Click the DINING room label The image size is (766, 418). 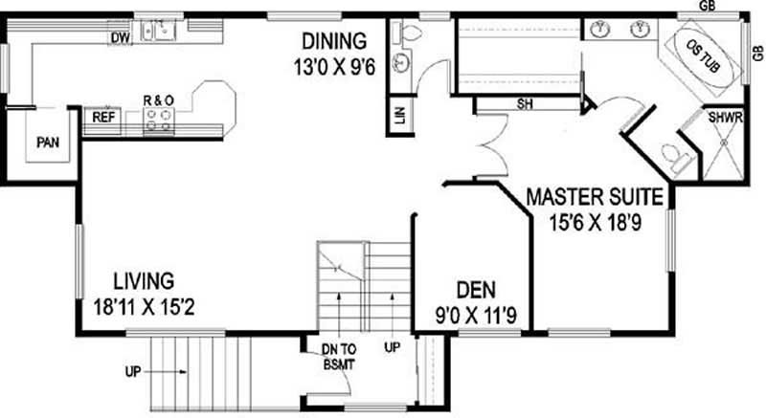coord(334,41)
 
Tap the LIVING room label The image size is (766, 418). coord(144,281)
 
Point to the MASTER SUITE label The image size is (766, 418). coord(595,199)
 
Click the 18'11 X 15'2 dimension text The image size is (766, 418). coord(144,308)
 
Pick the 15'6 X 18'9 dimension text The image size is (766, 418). coord(595,225)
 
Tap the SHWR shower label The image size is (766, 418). coord(725,119)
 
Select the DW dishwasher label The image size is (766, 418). coord(120,38)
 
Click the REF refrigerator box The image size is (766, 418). coord(103,118)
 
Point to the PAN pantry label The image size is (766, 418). coord(48,143)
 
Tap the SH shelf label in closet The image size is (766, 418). coord(524,103)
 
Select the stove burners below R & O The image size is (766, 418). coord(159,119)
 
